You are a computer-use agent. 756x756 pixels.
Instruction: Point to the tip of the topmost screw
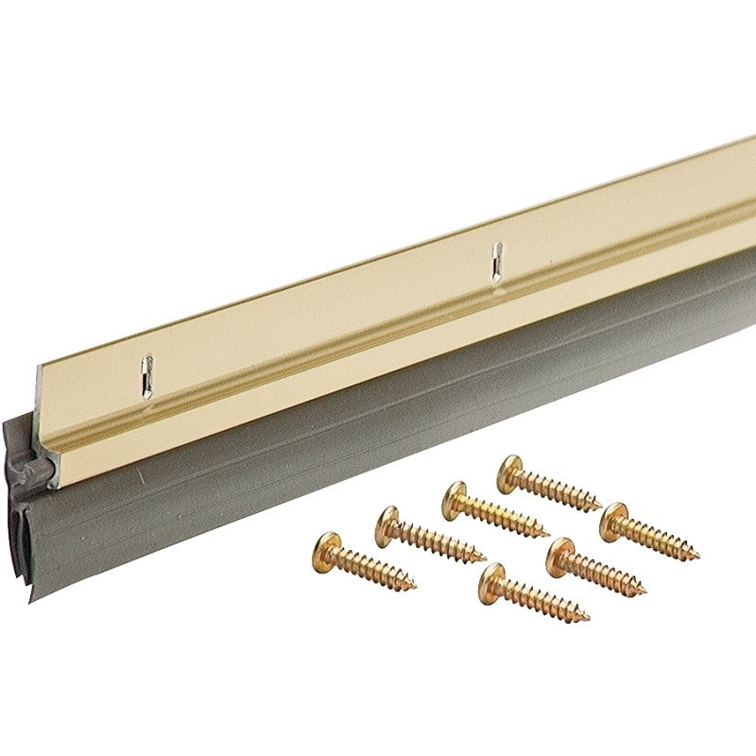602,507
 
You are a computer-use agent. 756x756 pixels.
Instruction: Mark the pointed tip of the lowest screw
590,619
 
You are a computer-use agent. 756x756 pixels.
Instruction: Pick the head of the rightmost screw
614,517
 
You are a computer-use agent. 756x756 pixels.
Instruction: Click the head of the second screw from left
389,519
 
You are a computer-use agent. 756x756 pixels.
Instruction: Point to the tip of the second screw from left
485,557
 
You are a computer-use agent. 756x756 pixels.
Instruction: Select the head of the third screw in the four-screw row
455,494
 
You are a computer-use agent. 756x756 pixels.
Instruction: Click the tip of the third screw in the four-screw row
549,534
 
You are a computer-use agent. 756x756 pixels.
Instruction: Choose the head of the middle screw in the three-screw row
560,551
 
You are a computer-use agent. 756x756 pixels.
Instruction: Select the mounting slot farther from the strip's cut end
493,262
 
